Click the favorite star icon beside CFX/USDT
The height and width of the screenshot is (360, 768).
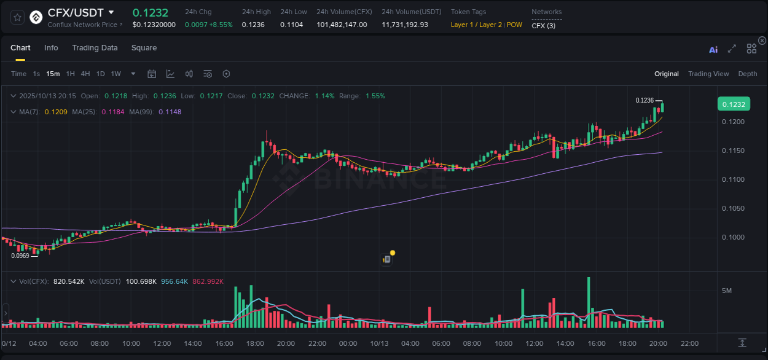coord(17,17)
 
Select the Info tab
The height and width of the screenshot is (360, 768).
coord(51,48)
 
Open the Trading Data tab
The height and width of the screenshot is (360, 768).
coord(95,48)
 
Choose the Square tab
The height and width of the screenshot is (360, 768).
coord(144,48)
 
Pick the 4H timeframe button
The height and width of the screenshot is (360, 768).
coord(85,74)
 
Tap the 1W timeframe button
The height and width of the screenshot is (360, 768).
coord(116,74)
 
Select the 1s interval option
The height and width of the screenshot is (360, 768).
coord(36,74)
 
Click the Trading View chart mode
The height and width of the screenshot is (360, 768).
coord(708,74)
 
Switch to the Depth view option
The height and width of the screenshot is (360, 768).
coord(748,74)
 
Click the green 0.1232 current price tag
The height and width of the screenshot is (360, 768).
coord(734,104)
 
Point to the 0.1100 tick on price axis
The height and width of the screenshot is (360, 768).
coord(732,179)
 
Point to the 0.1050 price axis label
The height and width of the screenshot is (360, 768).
coord(732,208)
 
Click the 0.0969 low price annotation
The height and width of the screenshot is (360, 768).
coord(20,256)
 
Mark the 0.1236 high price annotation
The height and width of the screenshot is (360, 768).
coord(645,100)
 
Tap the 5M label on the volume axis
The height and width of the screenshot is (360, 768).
coord(726,290)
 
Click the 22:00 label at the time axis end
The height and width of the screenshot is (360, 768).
coord(689,343)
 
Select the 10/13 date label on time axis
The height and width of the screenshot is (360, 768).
coord(379,343)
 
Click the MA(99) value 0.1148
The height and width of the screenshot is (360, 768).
coord(170,112)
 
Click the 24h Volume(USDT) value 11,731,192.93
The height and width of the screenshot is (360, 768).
coord(405,25)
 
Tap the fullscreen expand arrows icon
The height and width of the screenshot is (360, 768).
coord(732,49)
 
